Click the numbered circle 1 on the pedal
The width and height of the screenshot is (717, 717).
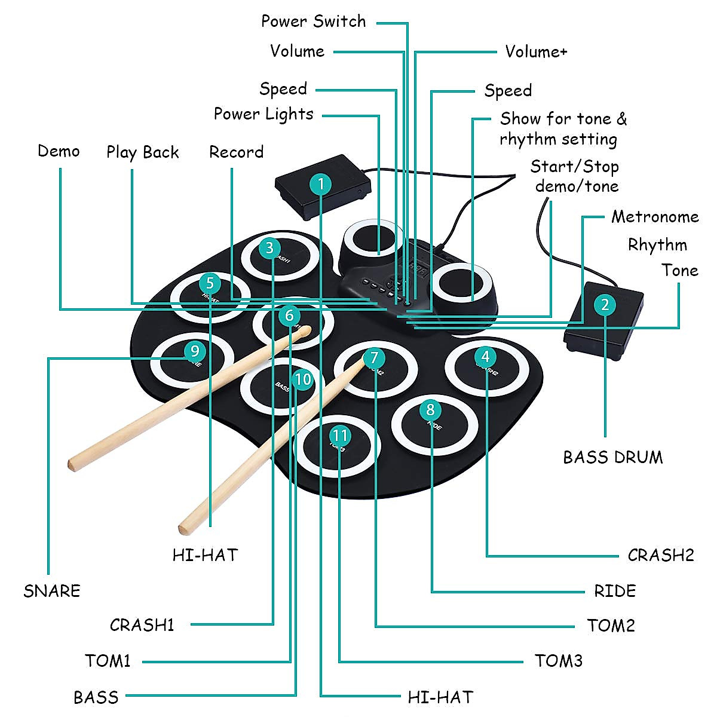click(x=321, y=184)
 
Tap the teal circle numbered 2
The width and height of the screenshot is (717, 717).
click(x=605, y=305)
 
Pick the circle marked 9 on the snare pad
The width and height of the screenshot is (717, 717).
click(x=195, y=351)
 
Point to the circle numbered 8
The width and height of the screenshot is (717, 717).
click(x=430, y=410)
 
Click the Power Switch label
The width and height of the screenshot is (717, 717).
click(x=313, y=22)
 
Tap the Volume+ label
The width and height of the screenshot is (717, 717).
click(x=536, y=51)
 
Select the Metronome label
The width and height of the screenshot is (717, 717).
click(x=654, y=216)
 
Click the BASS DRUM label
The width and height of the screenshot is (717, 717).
click(x=612, y=457)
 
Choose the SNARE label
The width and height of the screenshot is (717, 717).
click(x=52, y=590)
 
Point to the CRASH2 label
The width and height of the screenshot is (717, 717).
click(x=660, y=555)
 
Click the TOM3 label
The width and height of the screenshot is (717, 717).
click(x=558, y=661)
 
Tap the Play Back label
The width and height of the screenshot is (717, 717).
click(x=142, y=152)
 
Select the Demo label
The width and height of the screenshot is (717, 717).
click(x=59, y=151)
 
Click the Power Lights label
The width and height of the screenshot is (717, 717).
click(x=263, y=114)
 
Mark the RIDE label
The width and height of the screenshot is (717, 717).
click(x=614, y=591)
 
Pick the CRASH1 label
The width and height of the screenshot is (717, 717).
click(x=142, y=625)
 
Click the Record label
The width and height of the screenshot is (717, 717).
click(x=236, y=152)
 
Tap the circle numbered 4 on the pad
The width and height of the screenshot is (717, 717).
click(x=485, y=357)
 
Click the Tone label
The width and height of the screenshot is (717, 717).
click(x=680, y=270)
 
